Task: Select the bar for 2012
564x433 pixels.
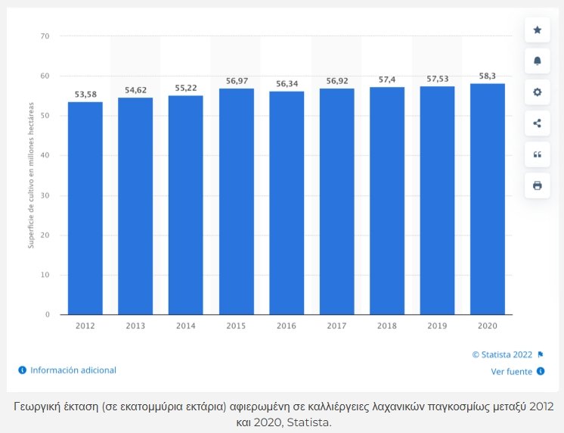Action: click(85, 208)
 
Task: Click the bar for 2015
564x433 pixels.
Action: click(236, 201)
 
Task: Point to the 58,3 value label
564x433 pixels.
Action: click(488, 76)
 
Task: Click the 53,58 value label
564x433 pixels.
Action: click(85, 95)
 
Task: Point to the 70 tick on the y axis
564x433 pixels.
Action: click(45, 36)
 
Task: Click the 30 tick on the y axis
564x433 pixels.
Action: click(45, 195)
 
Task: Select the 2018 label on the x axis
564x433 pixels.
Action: click(387, 325)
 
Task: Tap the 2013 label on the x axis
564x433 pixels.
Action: click(135, 325)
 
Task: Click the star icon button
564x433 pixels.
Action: click(538, 30)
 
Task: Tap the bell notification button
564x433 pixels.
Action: click(538, 61)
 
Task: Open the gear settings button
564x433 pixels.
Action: click(538, 92)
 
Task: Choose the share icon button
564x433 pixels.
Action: click(538, 123)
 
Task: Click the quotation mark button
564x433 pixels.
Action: click(538, 154)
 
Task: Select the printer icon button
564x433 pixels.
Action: click(538, 185)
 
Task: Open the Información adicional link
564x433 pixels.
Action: click(73, 370)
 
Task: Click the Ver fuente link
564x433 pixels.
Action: click(512, 372)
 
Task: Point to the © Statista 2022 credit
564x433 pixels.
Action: click(502, 354)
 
